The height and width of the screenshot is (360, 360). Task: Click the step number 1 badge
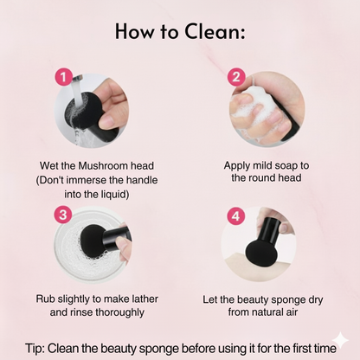(62, 77)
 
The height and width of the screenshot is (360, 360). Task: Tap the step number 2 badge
(235, 77)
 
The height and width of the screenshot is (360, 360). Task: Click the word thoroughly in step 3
(117, 314)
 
